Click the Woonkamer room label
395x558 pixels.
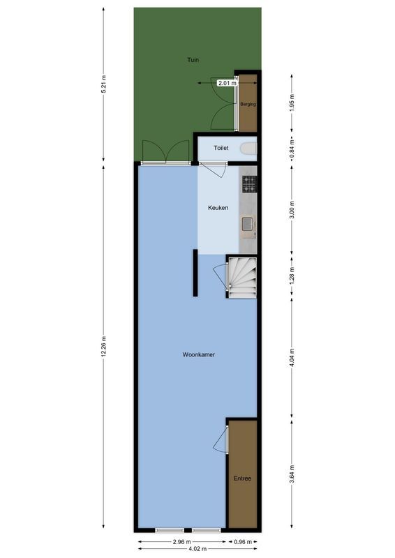click(x=198, y=355)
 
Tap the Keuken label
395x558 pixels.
click(x=218, y=209)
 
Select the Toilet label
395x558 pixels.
click(x=221, y=149)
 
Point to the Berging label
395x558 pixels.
click(x=248, y=105)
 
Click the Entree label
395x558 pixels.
click(x=242, y=478)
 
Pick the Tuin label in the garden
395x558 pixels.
click(x=193, y=60)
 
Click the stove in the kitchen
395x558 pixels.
click(x=250, y=183)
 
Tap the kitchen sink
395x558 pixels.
click(x=248, y=224)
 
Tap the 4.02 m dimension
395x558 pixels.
click(x=197, y=549)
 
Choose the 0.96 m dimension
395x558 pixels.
click(x=244, y=541)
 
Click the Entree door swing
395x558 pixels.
click(x=221, y=439)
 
